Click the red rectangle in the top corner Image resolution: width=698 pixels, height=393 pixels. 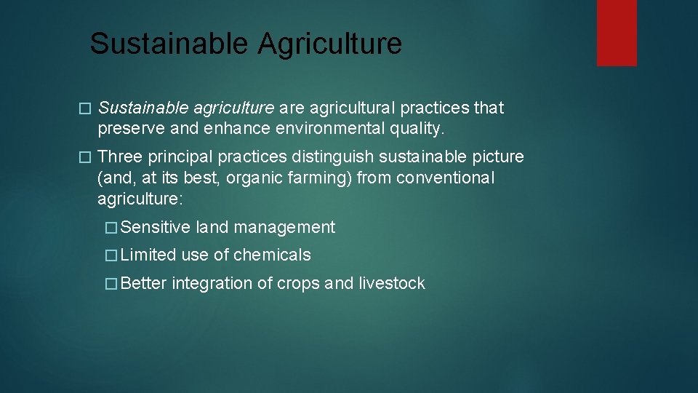point(617,33)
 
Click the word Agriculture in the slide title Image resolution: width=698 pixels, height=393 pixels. point(329,44)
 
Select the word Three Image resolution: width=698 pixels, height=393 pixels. point(119,157)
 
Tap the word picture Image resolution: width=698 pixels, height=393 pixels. point(498,157)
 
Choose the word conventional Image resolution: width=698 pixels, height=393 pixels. point(446,178)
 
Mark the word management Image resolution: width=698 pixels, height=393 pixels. point(284,228)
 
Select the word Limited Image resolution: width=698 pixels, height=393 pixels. point(148,255)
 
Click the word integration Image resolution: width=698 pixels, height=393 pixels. point(212,283)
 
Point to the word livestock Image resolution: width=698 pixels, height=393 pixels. point(392,283)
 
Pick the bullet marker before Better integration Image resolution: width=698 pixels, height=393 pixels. point(111,284)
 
